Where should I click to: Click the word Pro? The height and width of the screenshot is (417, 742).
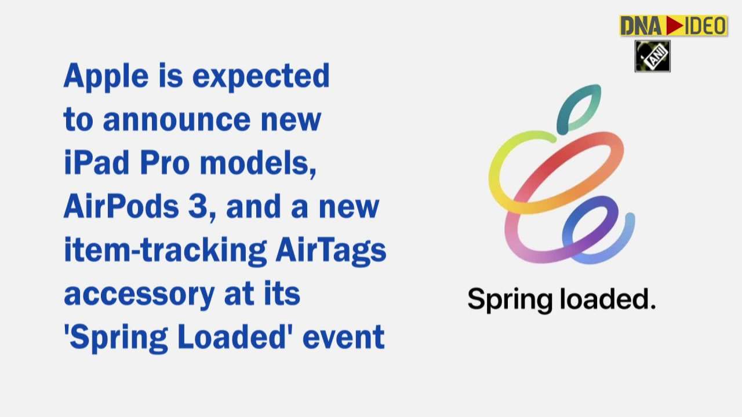click(164, 163)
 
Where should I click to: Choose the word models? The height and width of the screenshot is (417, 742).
click(257, 163)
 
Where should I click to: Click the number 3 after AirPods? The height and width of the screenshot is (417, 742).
click(198, 207)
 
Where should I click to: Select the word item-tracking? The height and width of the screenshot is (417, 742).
click(165, 250)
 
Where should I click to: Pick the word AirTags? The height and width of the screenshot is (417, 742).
click(330, 250)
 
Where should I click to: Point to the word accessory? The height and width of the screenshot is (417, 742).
click(139, 294)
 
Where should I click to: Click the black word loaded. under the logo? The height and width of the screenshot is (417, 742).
click(607, 299)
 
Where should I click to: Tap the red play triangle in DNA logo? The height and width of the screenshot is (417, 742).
click(675, 25)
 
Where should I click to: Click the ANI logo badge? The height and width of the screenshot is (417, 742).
click(652, 56)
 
